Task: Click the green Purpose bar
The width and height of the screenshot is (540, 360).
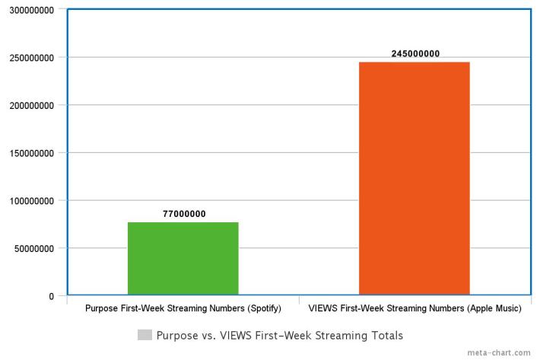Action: point(183,258)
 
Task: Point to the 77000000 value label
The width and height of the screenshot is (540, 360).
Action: point(183,215)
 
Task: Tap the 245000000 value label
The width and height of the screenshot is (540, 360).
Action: point(415,54)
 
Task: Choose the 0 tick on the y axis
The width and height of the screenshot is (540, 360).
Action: point(51,296)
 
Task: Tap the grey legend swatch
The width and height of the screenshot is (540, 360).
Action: point(145,335)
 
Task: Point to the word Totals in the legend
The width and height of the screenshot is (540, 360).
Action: point(385,335)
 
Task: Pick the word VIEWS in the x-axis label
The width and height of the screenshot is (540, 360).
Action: point(322,310)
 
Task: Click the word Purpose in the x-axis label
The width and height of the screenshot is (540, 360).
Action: point(102,310)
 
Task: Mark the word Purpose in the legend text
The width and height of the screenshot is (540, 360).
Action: point(177,335)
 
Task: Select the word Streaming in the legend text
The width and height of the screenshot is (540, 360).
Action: point(339,335)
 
